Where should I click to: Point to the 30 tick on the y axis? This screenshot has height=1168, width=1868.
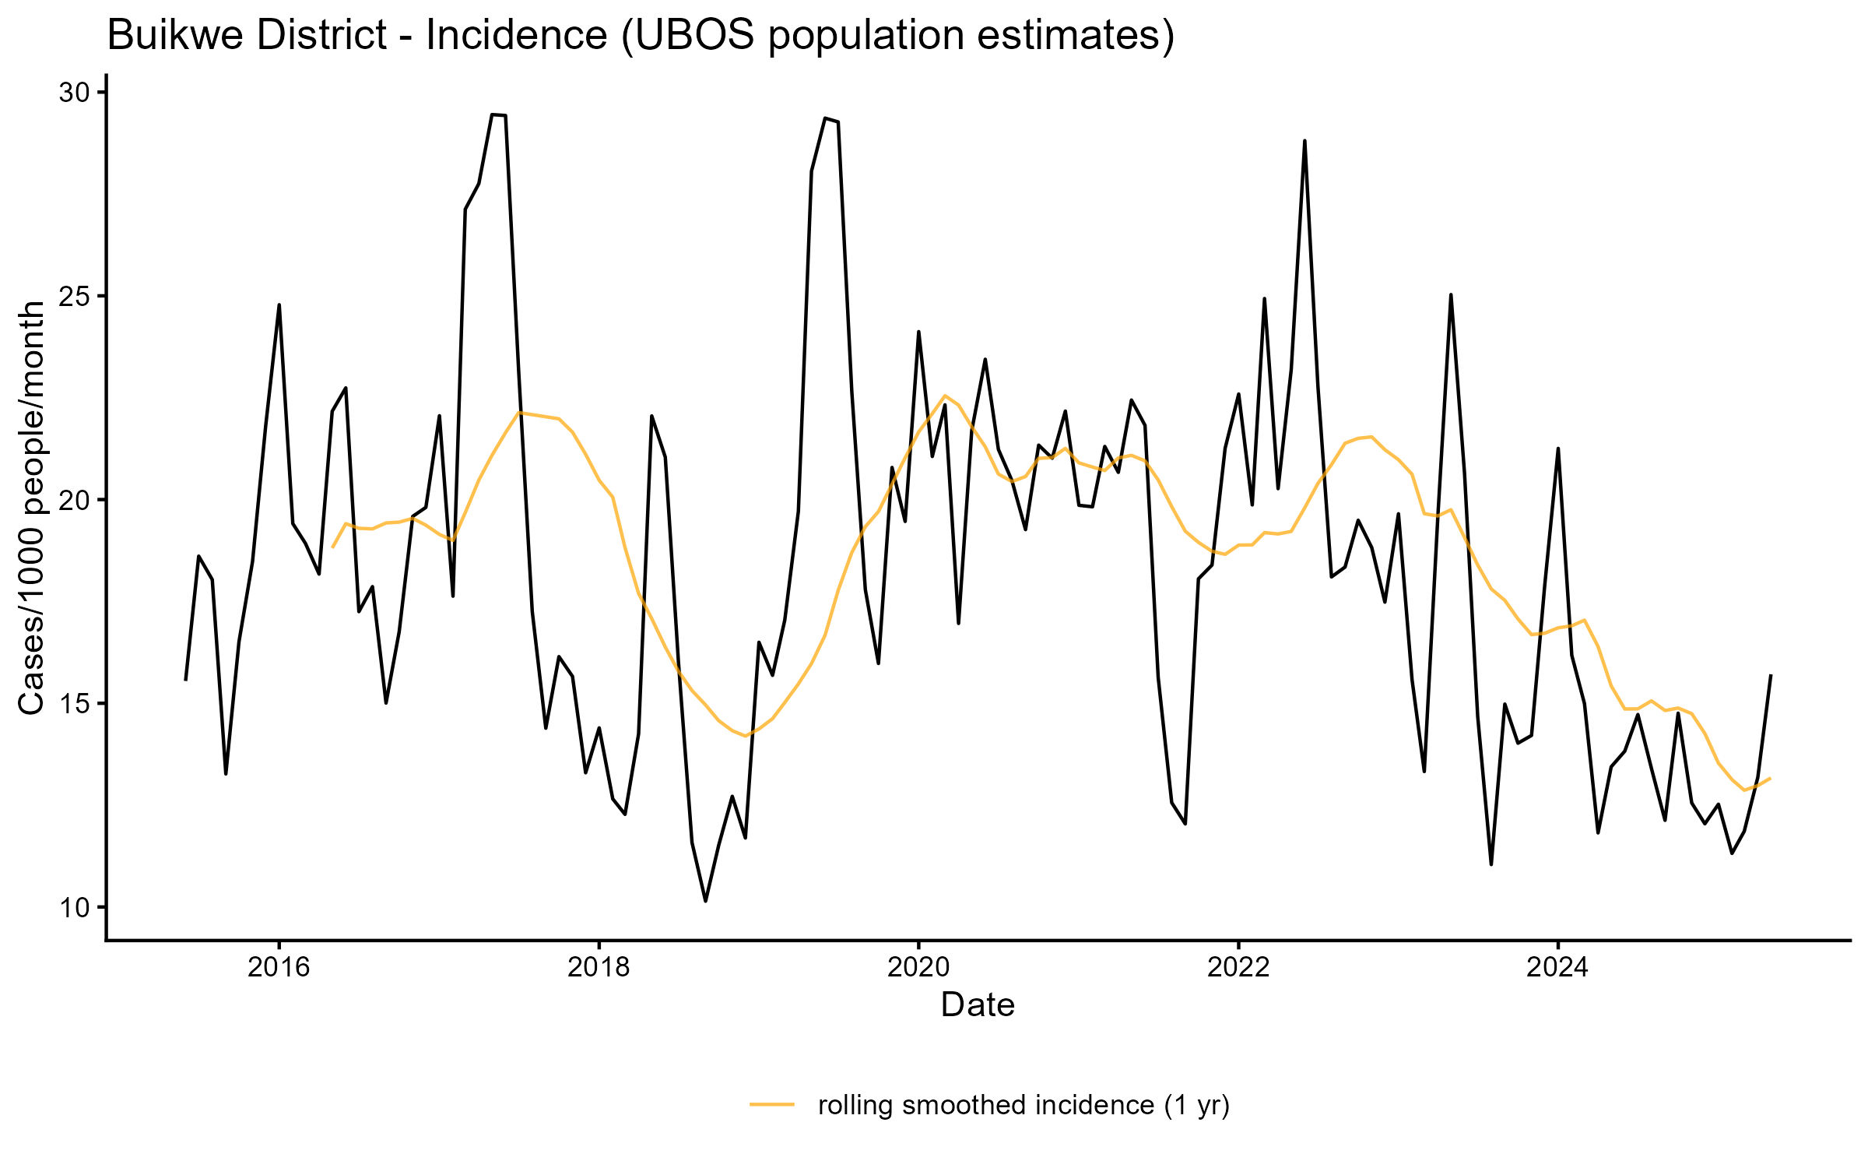(74, 93)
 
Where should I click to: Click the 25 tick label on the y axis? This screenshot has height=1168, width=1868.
(74, 297)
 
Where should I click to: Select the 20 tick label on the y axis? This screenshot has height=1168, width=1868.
(74, 500)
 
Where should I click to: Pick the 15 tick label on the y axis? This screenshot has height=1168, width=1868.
(74, 704)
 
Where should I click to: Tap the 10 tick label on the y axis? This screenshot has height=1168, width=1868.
(74, 908)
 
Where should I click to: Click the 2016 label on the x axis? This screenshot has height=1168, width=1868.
(279, 967)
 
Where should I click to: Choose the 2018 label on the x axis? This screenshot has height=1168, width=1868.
(599, 967)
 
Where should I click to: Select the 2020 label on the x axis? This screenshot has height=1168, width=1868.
(918, 967)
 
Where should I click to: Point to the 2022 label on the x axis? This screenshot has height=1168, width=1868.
(1238, 967)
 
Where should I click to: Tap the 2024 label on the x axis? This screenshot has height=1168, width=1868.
(1557, 967)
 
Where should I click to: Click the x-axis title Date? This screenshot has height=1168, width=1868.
(978, 1005)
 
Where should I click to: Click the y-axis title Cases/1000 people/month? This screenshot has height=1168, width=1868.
(33, 508)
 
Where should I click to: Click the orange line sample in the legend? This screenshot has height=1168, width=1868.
(772, 1104)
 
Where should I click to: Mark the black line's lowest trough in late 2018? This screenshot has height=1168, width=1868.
(705, 901)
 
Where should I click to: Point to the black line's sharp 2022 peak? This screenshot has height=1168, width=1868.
(1304, 141)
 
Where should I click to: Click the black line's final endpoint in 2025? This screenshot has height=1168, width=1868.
(1771, 676)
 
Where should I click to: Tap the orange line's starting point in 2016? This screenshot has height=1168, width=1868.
(332, 547)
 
